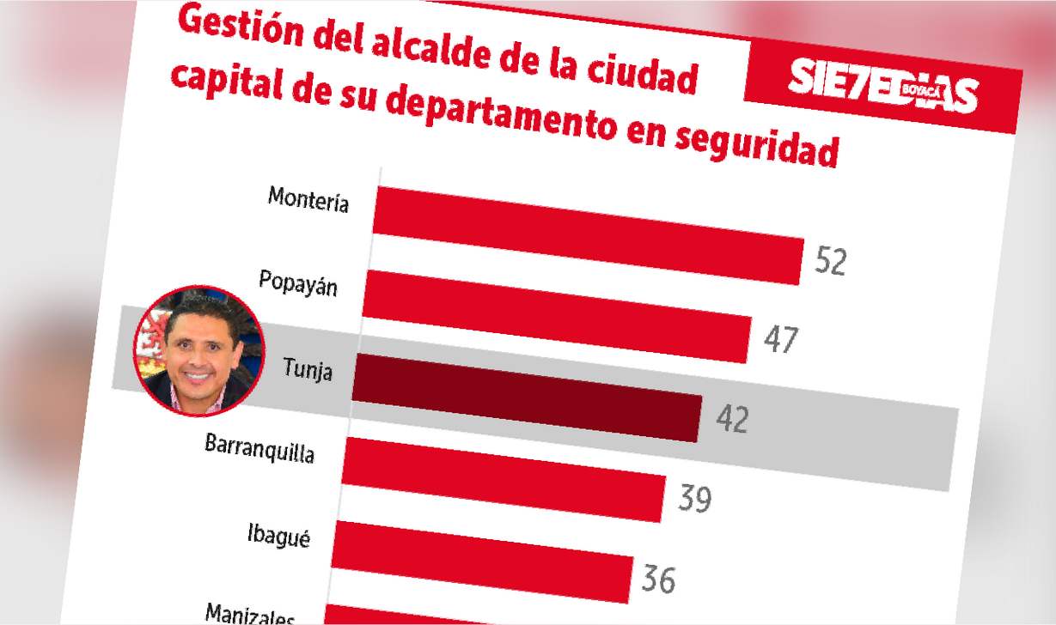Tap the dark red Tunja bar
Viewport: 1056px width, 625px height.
click(x=527, y=397)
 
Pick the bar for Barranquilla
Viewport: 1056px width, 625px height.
click(x=504, y=479)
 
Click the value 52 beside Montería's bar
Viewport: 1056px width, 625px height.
click(x=830, y=262)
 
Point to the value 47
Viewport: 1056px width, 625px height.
click(x=780, y=340)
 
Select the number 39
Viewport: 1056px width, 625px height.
click(x=694, y=499)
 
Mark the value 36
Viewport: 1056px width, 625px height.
click(x=658, y=579)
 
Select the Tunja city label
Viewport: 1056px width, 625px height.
click(x=307, y=372)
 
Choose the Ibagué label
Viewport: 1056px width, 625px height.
click(x=278, y=536)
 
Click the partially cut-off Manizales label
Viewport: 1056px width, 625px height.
click(x=250, y=615)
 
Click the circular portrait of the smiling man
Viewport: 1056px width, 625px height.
click(x=198, y=350)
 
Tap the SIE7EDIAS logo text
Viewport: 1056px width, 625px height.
click(x=883, y=86)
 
